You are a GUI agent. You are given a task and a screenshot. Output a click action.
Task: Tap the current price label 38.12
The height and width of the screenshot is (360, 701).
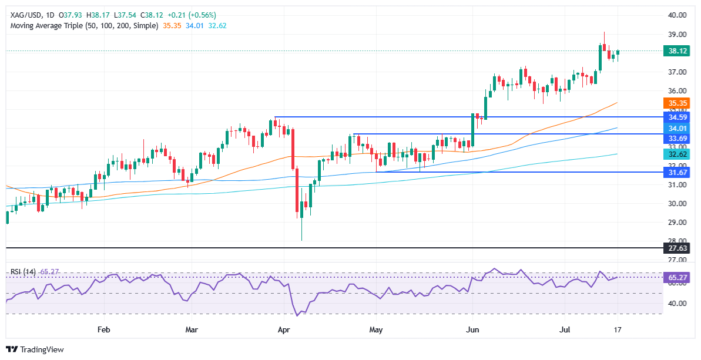(677, 51)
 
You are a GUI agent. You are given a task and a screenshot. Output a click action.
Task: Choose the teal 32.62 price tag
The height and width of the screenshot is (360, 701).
(677, 154)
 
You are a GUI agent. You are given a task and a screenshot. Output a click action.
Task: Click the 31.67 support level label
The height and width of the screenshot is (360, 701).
(677, 172)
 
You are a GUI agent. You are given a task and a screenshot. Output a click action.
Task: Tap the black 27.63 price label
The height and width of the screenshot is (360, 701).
(677, 248)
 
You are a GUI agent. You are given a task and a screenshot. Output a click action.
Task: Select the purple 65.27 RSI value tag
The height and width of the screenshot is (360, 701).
(677, 277)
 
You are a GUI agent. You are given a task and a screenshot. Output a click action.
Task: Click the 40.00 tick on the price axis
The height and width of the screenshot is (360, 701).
(677, 15)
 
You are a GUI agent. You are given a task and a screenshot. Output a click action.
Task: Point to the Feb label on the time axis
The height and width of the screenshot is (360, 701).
(103, 329)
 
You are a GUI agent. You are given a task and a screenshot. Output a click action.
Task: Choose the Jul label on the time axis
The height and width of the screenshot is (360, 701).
(562, 329)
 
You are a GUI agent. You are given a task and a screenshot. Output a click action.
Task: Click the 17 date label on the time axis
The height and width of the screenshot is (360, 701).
(618, 329)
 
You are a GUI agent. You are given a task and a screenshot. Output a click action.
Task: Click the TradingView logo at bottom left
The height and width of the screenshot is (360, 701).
(36, 349)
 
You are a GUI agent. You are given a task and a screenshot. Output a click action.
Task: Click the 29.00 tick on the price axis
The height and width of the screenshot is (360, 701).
(677, 222)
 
